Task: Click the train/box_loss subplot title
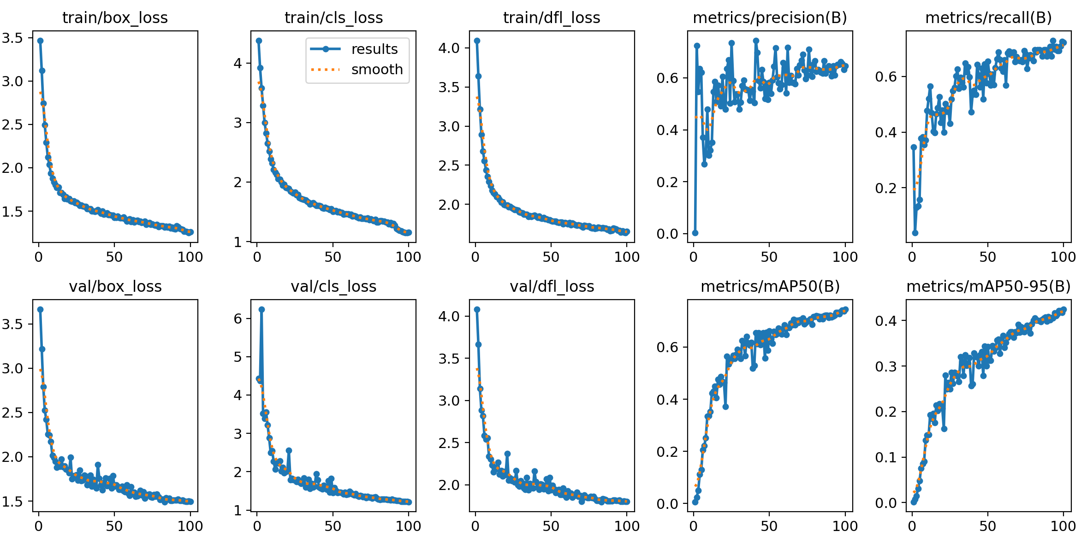tap(115, 18)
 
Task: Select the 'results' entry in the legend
tap(374, 49)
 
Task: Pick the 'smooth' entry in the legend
tap(377, 70)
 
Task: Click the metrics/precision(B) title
tap(770, 18)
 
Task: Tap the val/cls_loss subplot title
tap(333, 287)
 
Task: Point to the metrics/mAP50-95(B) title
tap(988, 287)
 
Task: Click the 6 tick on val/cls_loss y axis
tap(238, 319)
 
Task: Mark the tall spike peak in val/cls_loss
tap(261, 310)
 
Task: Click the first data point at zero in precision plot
tap(695, 233)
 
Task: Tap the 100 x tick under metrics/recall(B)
tap(1063, 257)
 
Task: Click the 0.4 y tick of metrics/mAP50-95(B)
tap(885, 321)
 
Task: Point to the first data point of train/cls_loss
tap(259, 41)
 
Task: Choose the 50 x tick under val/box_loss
tap(114, 526)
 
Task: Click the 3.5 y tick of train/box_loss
tap(12, 38)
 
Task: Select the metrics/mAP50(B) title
tap(770, 287)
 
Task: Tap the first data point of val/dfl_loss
tap(477, 310)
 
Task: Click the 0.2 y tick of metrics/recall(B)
tap(885, 189)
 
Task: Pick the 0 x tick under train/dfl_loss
tap(475, 257)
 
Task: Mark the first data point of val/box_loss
tap(40, 310)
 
